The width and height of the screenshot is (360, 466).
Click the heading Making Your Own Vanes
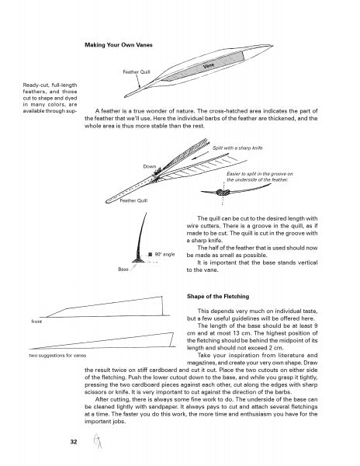point(119,45)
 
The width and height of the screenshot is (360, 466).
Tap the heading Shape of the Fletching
point(218,297)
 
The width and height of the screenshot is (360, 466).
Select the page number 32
point(74,442)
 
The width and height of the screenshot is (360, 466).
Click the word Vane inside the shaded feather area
point(209,65)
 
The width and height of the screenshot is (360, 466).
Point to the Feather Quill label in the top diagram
point(137,72)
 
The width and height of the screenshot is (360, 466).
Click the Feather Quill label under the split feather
point(133,200)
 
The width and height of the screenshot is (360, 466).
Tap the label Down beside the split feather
point(150,166)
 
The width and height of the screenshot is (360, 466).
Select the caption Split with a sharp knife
point(237,148)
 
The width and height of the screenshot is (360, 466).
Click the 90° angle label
point(164,255)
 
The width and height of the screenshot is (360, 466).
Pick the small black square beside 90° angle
point(151,255)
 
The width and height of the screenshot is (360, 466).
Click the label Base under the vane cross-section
point(123,270)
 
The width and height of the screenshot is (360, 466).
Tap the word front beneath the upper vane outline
point(36,322)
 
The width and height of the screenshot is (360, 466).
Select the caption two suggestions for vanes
point(57,356)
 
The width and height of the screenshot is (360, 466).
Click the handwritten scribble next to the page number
point(97,440)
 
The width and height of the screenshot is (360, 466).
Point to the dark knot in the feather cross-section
point(223,193)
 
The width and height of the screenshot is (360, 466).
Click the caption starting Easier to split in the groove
point(260,177)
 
